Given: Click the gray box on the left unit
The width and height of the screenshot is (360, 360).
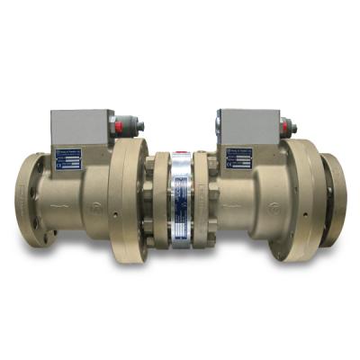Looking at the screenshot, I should point(78,128).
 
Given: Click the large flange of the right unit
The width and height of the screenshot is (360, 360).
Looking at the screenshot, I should point(301,200).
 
